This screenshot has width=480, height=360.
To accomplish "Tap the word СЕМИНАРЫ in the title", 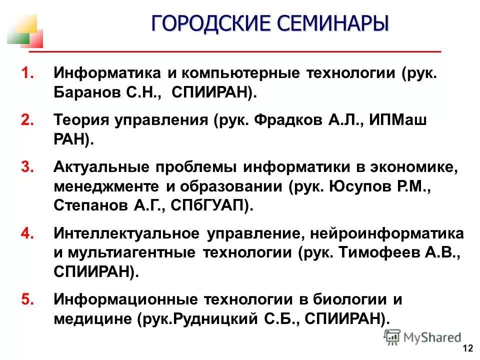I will (x=331, y=23).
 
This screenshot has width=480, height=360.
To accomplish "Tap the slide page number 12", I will (x=468, y=348).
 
